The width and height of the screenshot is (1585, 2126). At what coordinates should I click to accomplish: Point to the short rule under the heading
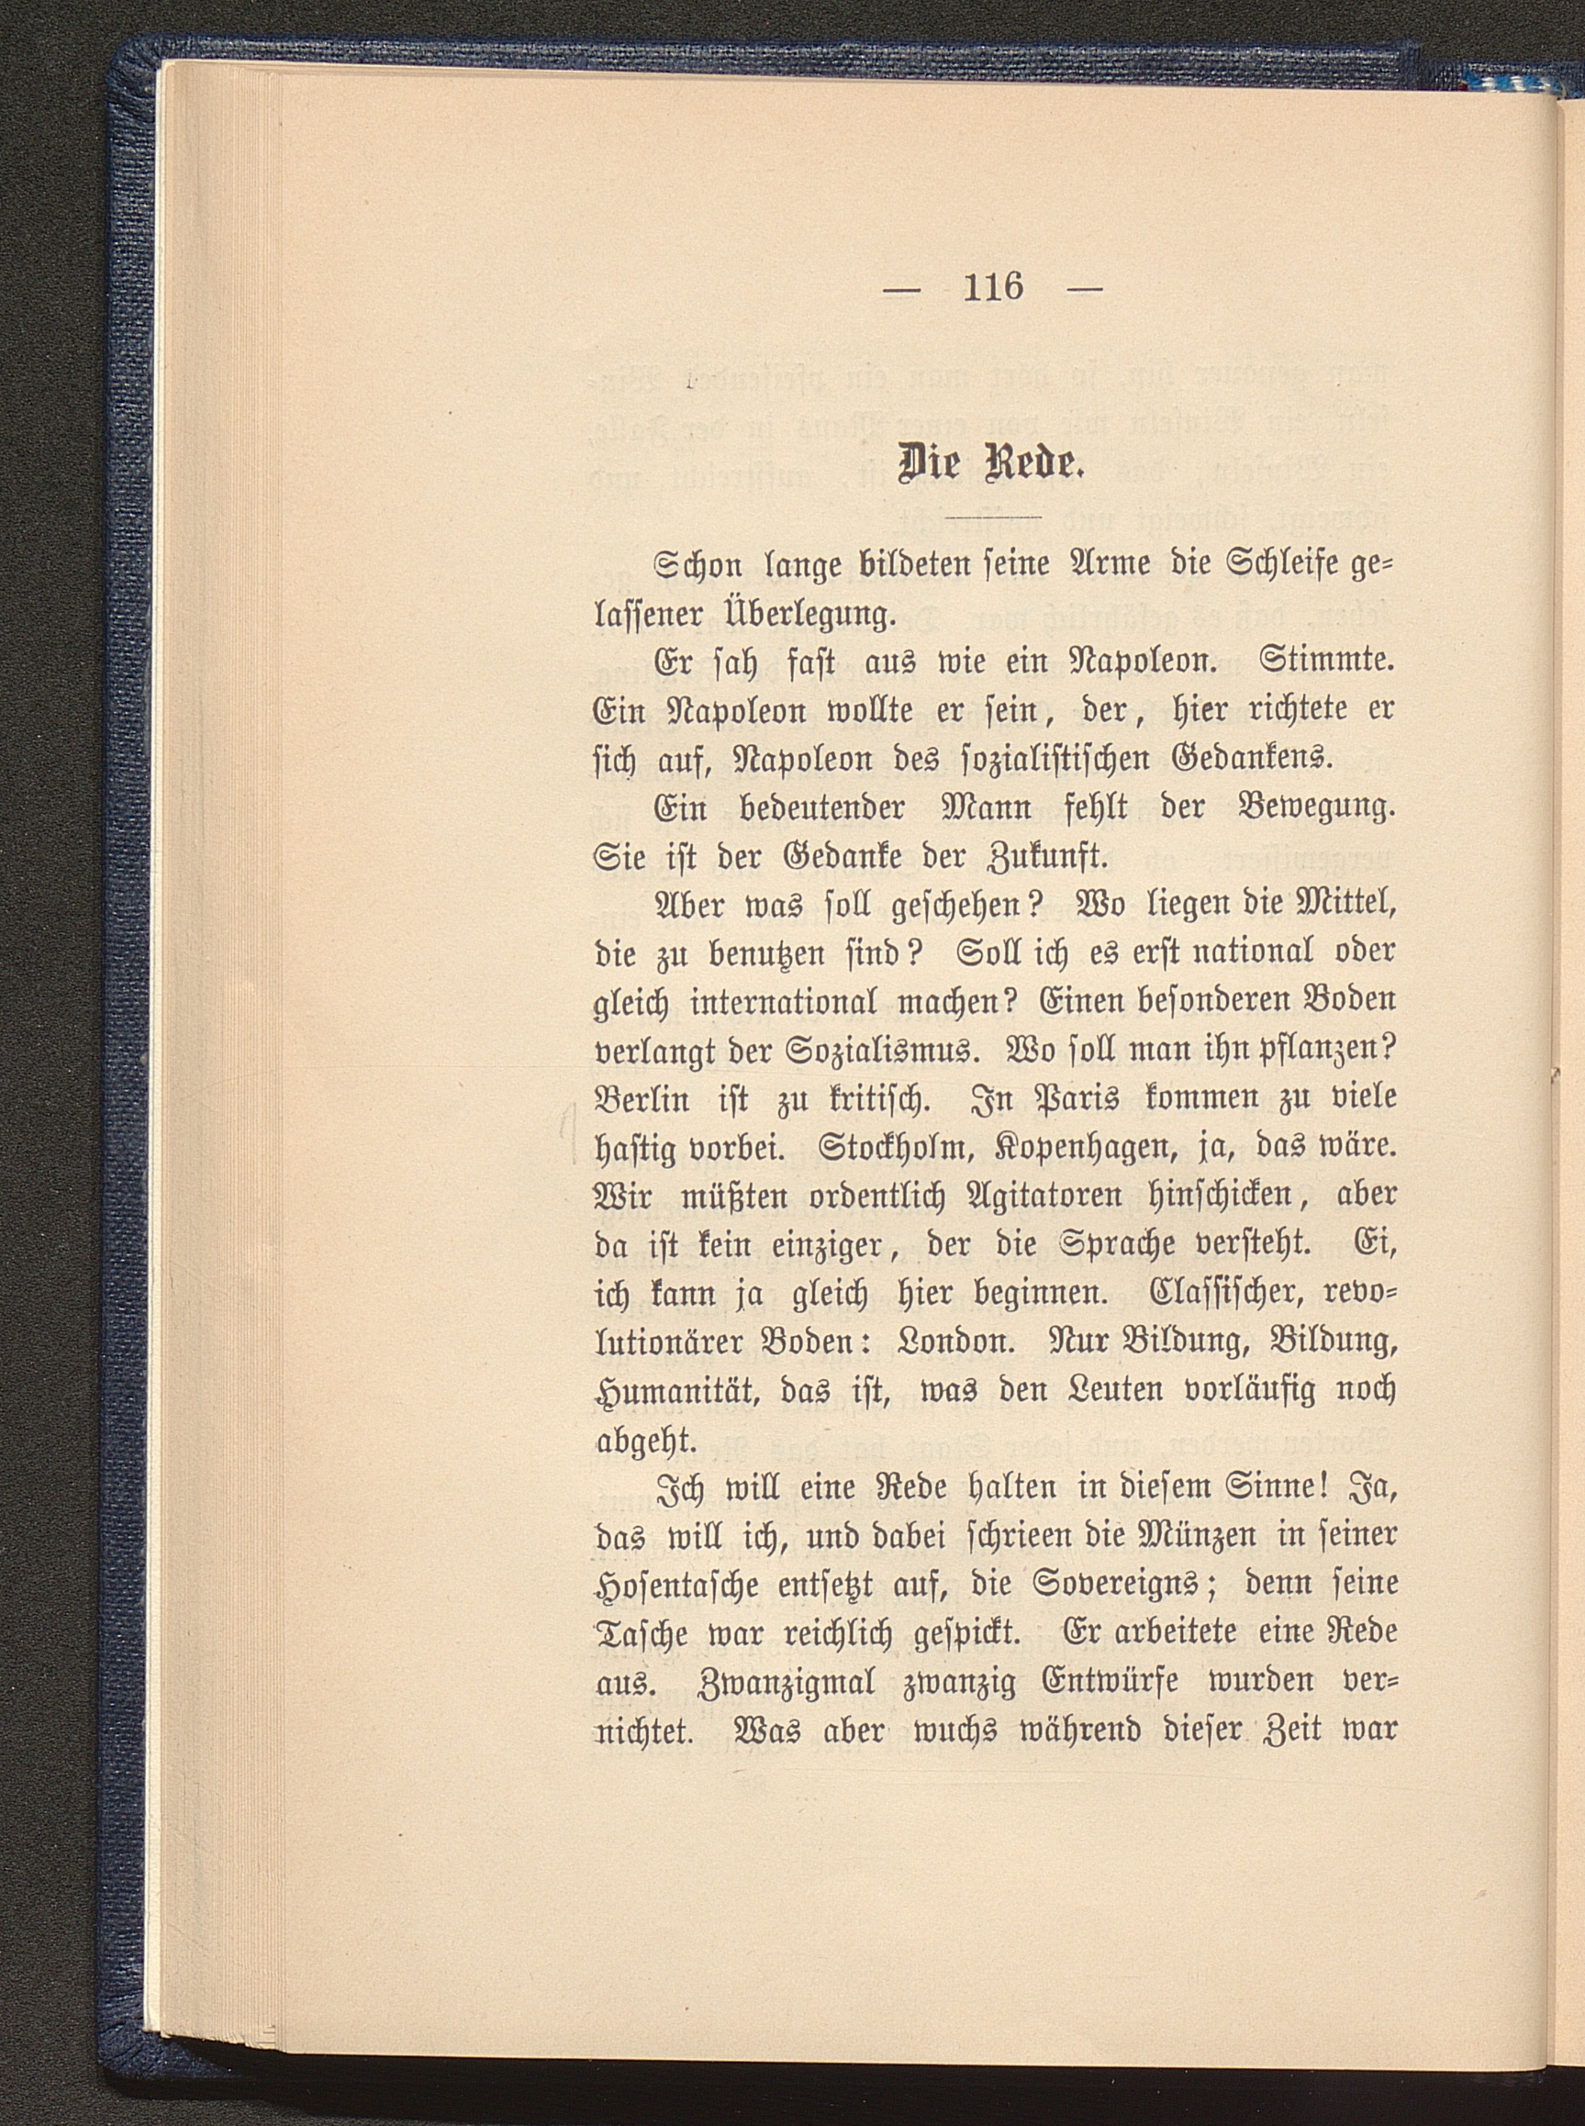click(x=992, y=518)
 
